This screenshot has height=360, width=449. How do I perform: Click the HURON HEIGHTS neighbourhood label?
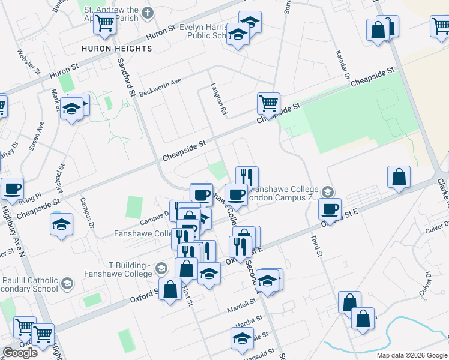(x=117, y=48)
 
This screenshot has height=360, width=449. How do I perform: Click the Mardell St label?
(x=241, y=310)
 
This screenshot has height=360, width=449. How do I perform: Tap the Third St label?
(x=316, y=247)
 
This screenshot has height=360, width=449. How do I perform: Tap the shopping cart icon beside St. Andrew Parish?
(x=106, y=23)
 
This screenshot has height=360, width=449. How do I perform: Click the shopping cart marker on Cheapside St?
(x=268, y=103)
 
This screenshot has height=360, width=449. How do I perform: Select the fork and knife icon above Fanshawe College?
(x=247, y=177)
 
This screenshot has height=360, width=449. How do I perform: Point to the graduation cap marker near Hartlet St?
(x=242, y=339)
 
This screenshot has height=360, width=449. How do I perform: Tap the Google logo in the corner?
(x=20, y=353)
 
